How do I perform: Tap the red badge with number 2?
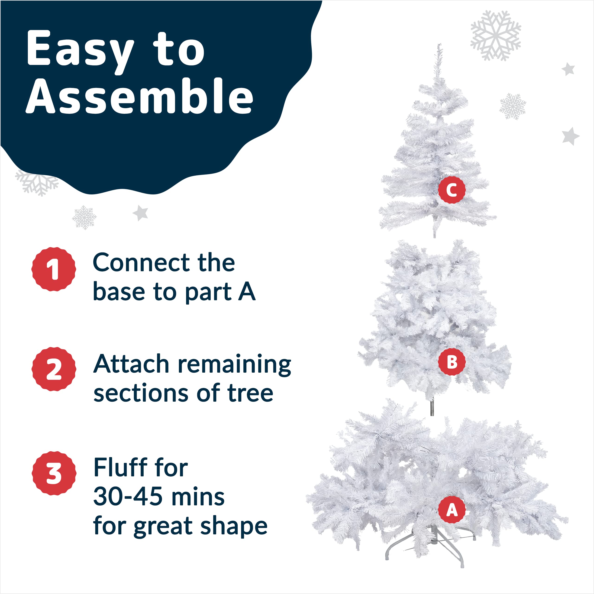[x=54, y=369]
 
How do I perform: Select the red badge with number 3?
[x=54, y=474]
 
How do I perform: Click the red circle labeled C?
[x=452, y=190]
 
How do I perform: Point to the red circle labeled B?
[x=452, y=362]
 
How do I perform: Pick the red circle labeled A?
[x=452, y=511]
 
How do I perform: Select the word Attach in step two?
[x=131, y=364]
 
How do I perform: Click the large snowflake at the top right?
[x=495, y=35]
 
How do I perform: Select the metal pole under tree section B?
[x=432, y=408]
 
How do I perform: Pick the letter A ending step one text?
[x=247, y=291]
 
